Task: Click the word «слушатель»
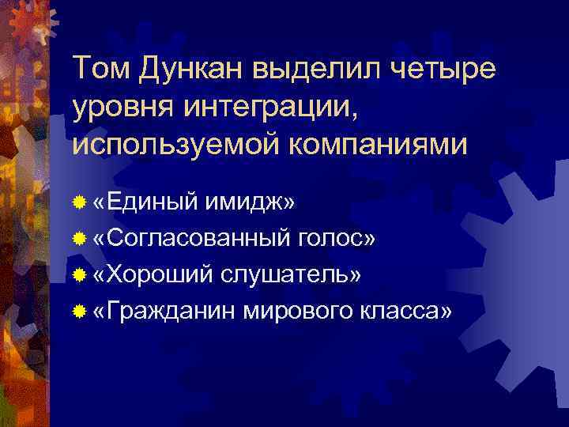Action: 292,274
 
